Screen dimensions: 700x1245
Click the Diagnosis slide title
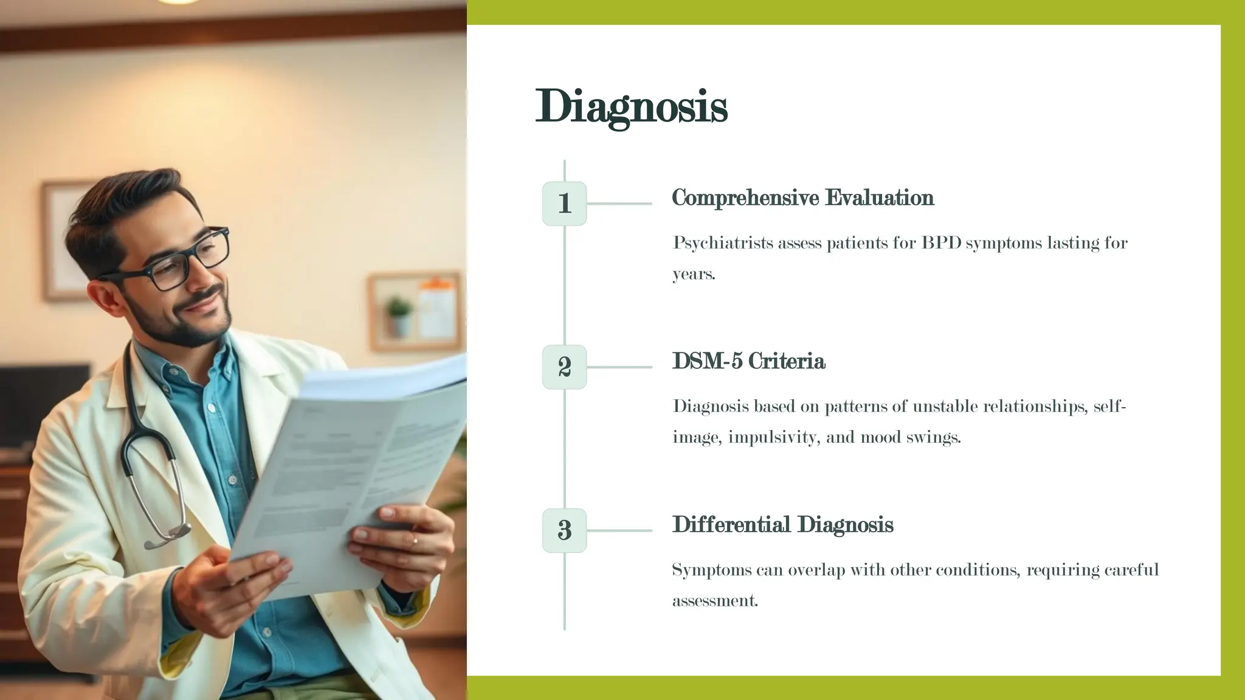(631, 107)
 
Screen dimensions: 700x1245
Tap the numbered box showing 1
(564, 204)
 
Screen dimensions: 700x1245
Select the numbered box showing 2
(564, 367)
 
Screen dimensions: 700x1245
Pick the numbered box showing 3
(564, 530)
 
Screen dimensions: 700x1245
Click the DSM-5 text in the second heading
(707, 361)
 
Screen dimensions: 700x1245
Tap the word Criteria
(787, 361)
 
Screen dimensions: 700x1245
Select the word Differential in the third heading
(731, 524)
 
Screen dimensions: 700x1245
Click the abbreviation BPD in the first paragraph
(941, 242)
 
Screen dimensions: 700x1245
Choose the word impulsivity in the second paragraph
(771, 437)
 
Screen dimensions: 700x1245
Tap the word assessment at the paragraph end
(714, 601)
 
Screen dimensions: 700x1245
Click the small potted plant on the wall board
(399, 316)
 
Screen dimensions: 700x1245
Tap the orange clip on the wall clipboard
(436, 283)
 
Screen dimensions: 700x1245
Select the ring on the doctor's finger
(415, 539)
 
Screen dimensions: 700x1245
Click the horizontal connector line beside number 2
(619, 367)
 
